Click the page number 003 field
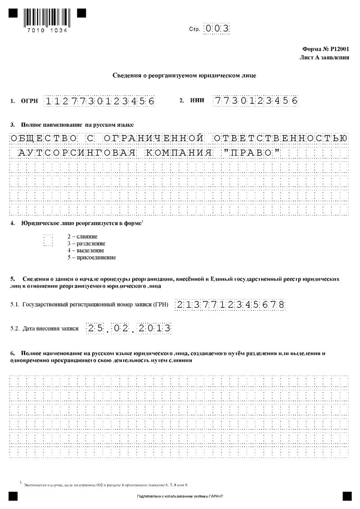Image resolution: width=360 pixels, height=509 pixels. pyautogui.click(x=217, y=29)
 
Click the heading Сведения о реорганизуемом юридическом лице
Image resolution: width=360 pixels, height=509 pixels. pyautogui.click(x=184, y=76)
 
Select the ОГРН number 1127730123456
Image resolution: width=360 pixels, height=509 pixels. pyautogui.click(x=99, y=101)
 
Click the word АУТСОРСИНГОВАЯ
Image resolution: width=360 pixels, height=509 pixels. pyautogui.click(x=77, y=153)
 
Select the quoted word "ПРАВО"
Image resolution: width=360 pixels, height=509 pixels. pyautogui.click(x=251, y=153)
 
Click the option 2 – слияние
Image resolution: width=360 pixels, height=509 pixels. pyautogui.click(x=82, y=236)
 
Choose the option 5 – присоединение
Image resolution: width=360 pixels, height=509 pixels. pyautogui.click(x=91, y=258)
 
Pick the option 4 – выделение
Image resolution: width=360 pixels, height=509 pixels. pyautogui.click(x=85, y=250)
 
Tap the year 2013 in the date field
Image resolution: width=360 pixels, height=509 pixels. pyautogui.click(x=155, y=328)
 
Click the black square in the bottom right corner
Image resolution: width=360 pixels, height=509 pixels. pyautogui.click(x=347, y=496)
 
